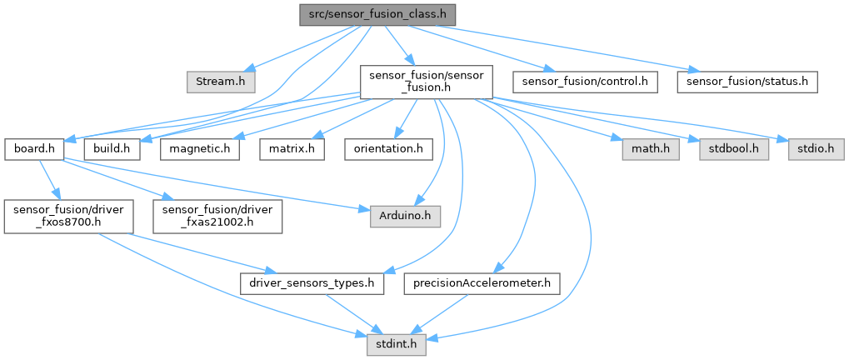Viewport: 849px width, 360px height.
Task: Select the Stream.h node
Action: pyautogui.click(x=220, y=82)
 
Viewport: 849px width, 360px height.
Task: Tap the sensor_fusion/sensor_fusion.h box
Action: pyautogui.click(x=426, y=82)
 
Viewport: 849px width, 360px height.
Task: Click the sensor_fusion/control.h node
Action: pyautogui.click(x=585, y=82)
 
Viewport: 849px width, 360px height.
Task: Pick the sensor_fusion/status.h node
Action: pyautogui.click(x=747, y=82)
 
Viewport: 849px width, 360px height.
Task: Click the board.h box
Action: pyautogui.click(x=35, y=148)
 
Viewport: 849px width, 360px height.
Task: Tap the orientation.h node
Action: pyautogui.click(x=386, y=148)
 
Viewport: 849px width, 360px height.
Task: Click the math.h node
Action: pyautogui.click(x=649, y=148)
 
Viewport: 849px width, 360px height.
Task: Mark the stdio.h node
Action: pyautogui.click(x=810, y=148)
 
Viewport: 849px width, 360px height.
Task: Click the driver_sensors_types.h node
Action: pyautogui.click(x=312, y=283)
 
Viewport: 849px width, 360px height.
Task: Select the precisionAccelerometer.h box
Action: pyautogui.click(x=482, y=283)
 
